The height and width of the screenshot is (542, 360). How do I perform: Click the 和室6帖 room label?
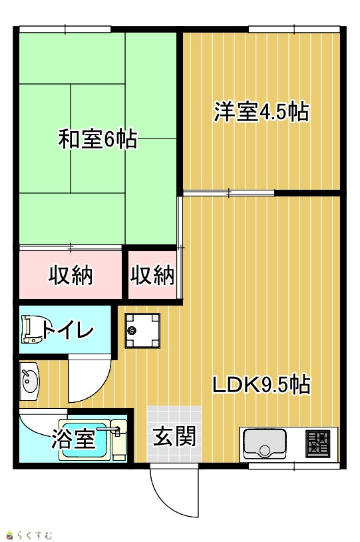tap(97, 139)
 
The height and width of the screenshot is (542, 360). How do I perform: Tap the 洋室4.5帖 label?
tap(262, 112)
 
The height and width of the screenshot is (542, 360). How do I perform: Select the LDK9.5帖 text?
tap(262, 385)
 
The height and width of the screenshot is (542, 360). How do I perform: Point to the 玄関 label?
tap(174, 436)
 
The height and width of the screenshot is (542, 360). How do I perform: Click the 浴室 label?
tap(73, 439)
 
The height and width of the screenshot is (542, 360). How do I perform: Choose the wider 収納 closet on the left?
tap(71, 275)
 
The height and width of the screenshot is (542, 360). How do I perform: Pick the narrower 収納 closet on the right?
tap(152, 275)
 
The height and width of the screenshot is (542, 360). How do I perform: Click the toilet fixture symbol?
tap(32, 330)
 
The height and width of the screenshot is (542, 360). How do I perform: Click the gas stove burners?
tap(317, 443)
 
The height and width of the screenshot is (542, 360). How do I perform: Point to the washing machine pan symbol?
tap(142, 330)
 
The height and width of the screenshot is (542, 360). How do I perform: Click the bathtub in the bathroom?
tap(85, 440)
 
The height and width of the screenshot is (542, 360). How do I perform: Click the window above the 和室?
tap(65, 29)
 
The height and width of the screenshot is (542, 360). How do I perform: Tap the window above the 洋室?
tap(294, 29)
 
